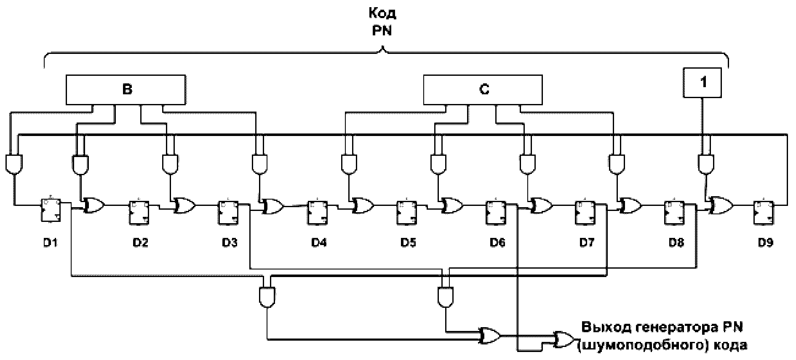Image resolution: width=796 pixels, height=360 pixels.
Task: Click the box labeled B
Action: tap(126, 90)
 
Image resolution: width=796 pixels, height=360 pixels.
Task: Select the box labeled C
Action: tap(483, 90)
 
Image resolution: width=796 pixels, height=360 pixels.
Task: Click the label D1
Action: tap(50, 243)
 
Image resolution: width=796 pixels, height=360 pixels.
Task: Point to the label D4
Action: tap(319, 243)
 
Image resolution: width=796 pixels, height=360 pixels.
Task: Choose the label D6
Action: tap(497, 243)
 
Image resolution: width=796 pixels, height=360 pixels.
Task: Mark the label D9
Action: tap(765, 243)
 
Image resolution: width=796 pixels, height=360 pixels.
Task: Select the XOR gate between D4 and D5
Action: tap(363, 205)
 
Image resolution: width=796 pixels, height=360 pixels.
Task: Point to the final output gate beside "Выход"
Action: tap(564, 339)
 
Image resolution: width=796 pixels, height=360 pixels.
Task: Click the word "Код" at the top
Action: tap(382, 14)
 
